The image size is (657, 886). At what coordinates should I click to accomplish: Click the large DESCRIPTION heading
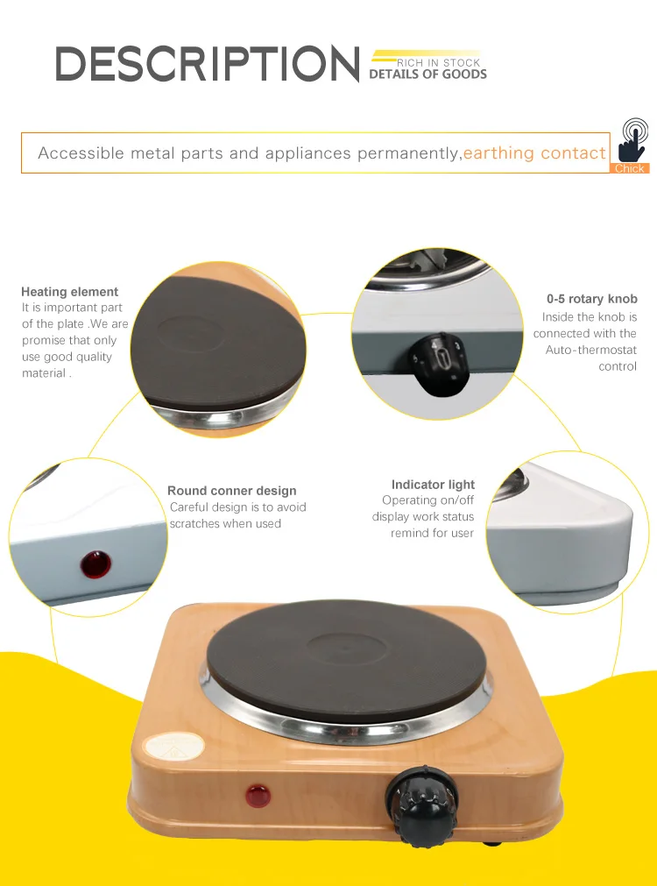208,65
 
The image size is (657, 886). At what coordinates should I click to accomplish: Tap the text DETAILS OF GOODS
427,74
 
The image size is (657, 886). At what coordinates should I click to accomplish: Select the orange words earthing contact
534,153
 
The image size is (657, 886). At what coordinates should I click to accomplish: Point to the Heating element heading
69,292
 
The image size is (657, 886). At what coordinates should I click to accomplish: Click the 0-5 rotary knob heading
591,299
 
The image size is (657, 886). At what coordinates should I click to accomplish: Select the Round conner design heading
232,491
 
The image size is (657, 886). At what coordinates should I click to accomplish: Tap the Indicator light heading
433,485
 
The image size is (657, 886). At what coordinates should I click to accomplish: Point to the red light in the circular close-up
95,564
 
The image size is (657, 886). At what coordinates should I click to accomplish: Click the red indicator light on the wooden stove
258,797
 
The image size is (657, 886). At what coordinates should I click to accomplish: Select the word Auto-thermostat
590,350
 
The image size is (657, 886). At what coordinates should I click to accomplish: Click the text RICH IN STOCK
439,63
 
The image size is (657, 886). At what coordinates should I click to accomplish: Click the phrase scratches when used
226,523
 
